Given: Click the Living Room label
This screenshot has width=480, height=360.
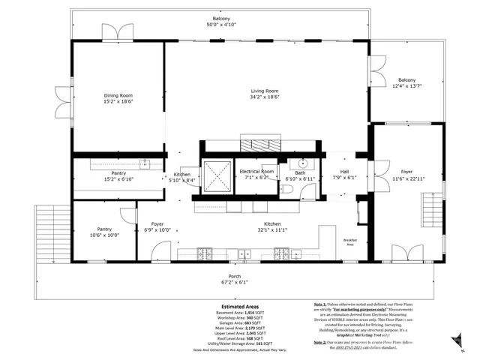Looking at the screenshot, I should [x=264, y=91].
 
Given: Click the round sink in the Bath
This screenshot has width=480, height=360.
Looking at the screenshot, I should [x=302, y=164].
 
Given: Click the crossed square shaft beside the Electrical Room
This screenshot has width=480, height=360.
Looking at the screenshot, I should [x=217, y=177].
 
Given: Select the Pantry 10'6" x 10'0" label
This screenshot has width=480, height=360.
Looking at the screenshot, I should [x=103, y=232].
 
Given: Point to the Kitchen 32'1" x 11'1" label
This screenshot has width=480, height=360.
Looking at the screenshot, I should [x=271, y=226].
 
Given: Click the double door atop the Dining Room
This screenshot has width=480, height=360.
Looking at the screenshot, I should [x=116, y=33].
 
